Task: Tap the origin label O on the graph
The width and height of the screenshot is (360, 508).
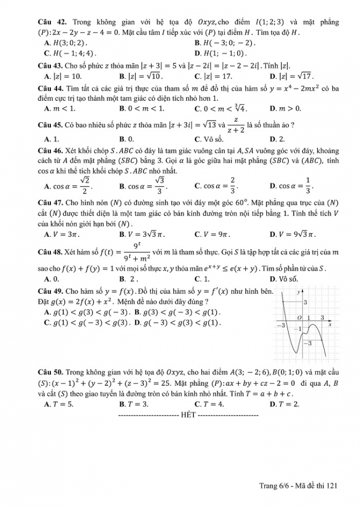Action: (299, 318)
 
